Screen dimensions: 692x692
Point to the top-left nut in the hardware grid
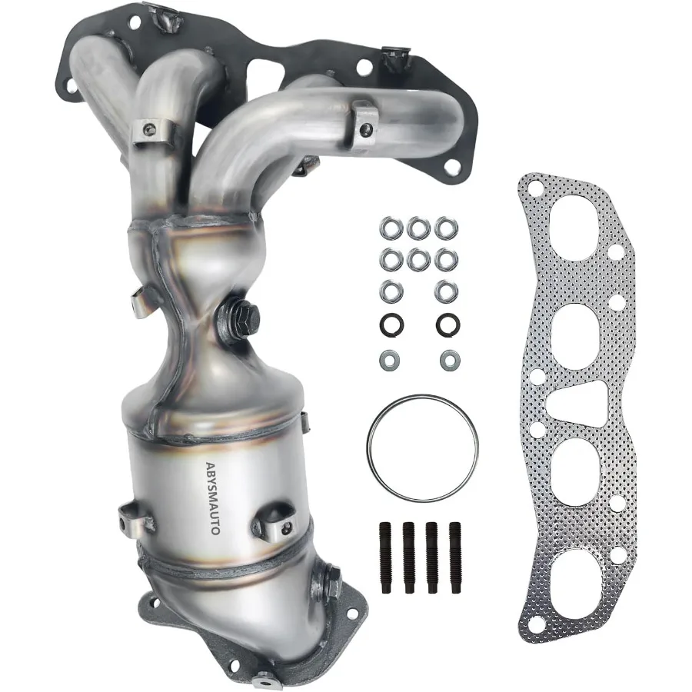389,228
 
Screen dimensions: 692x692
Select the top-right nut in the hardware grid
443,228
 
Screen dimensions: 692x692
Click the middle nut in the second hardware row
418,259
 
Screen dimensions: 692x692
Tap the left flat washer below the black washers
388,358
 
